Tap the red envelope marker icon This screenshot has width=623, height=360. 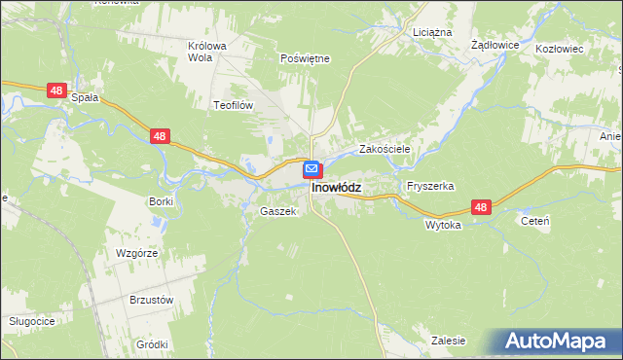coord(311,169)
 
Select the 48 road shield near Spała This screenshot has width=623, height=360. coord(56,90)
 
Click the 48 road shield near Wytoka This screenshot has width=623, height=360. coord(481,207)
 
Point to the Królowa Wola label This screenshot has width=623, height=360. coord(206,51)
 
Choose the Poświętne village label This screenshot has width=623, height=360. coord(305,58)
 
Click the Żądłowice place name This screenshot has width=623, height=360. coord(495,46)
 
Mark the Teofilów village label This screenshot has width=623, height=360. coord(233,103)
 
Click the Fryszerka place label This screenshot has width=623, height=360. coord(431,186)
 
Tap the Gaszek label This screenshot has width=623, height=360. coord(277,211)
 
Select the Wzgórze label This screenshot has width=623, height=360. coord(136,252)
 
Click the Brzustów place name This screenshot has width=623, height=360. coord(151,301)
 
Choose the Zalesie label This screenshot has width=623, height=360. coord(448,342)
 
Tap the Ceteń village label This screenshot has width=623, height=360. coord(535,222)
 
